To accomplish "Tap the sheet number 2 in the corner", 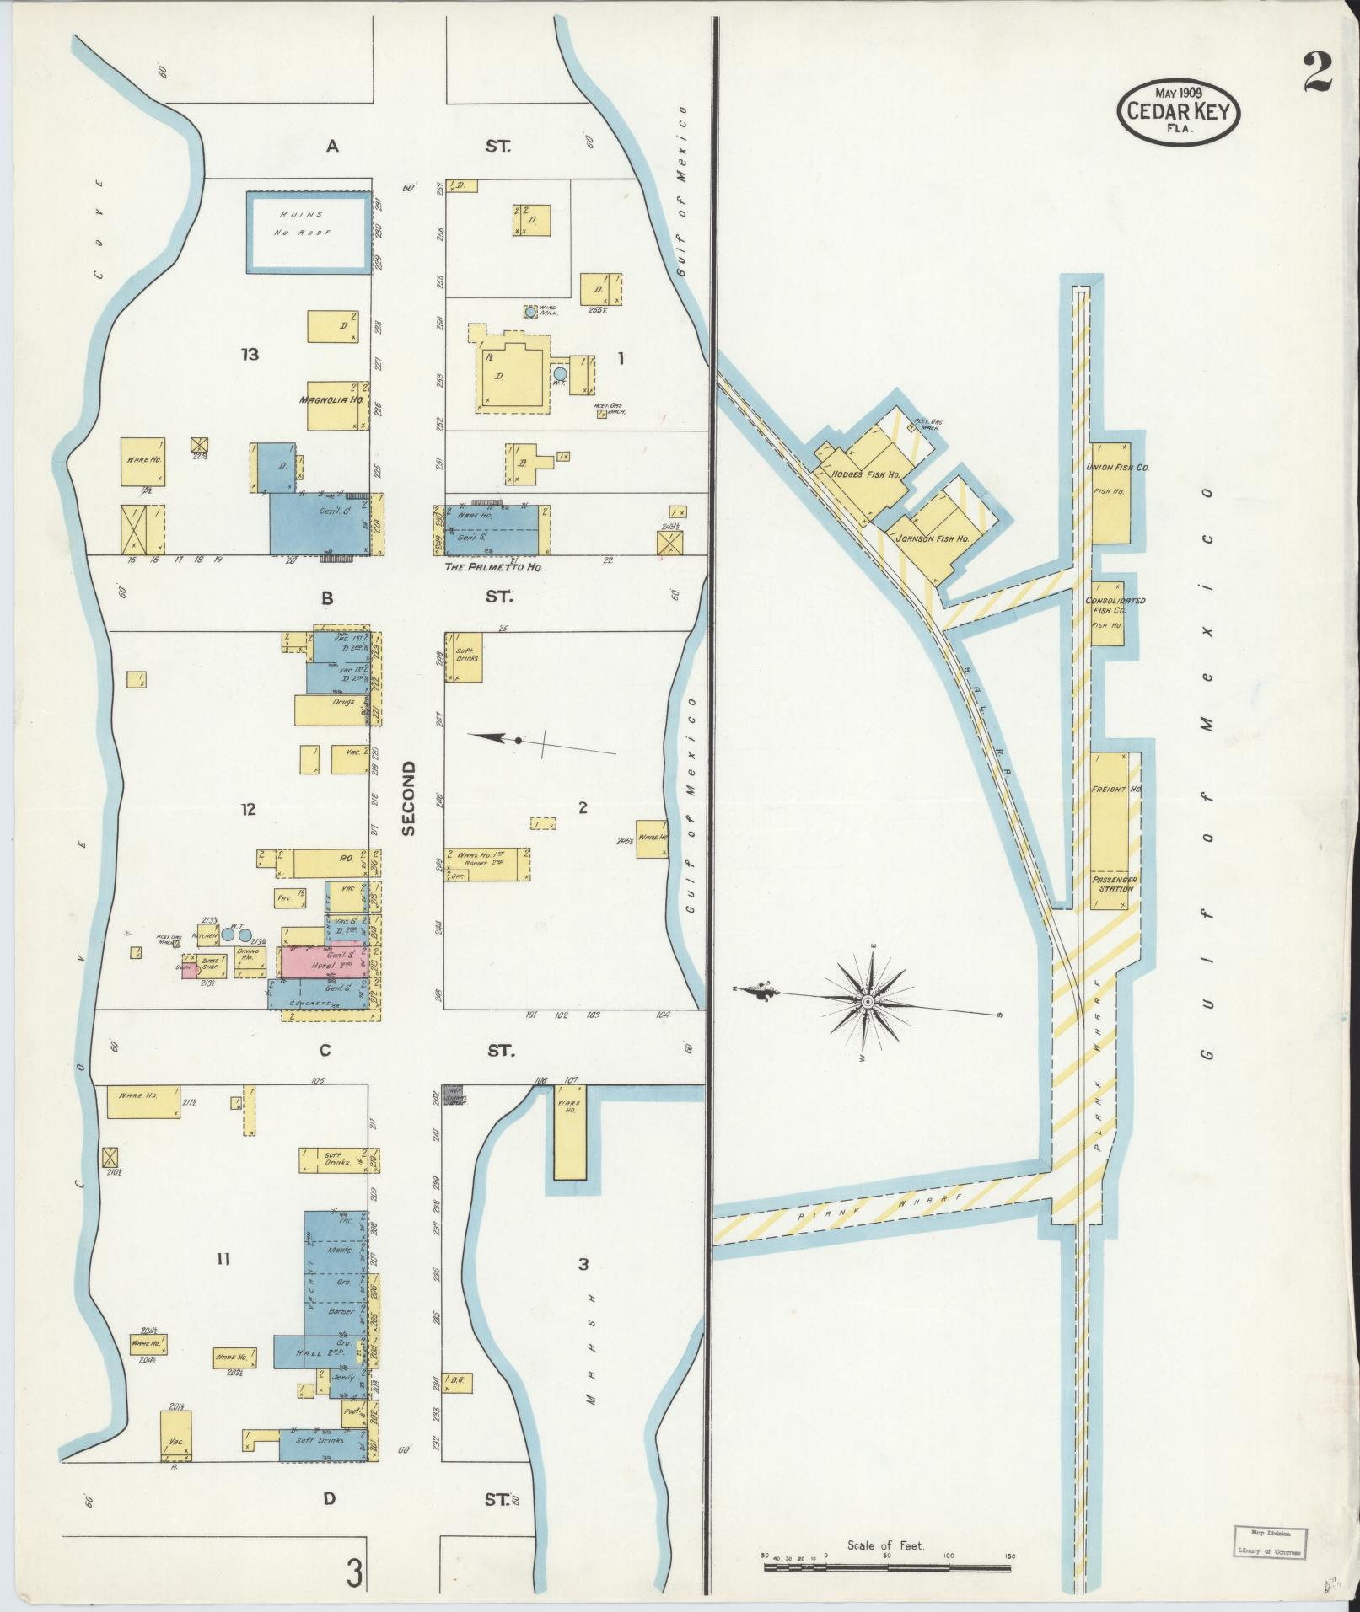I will pyautogui.click(x=1316, y=73).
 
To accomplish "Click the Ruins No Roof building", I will pyautogui.click(x=309, y=232).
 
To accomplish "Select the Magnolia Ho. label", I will pyautogui.click(x=331, y=400).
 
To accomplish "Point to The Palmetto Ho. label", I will pyautogui.click(x=493, y=567).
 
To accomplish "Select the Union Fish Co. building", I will pyautogui.click(x=1110, y=492).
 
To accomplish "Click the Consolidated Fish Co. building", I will pyautogui.click(x=1107, y=613).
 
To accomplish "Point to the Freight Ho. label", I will pyautogui.click(x=1116, y=789).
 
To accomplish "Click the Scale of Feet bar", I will pyautogui.click(x=887, y=1567).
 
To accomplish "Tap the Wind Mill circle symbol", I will pyautogui.click(x=529, y=311).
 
